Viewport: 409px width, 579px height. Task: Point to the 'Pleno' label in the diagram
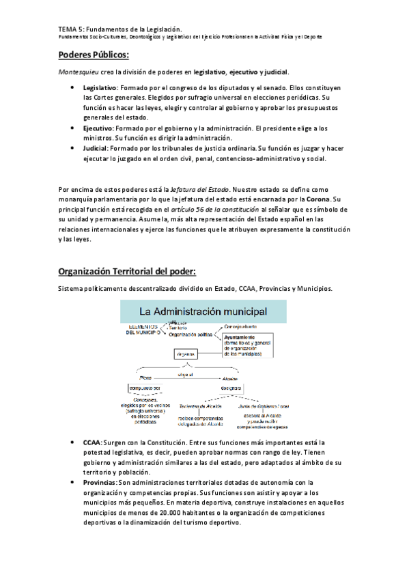click(145, 376)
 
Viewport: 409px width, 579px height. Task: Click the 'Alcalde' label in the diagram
click(229, 376)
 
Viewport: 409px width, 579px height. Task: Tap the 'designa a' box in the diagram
click(229, 388)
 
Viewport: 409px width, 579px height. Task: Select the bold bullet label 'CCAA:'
click(93, 443)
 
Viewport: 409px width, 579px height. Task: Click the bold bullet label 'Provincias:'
click(100, 483)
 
